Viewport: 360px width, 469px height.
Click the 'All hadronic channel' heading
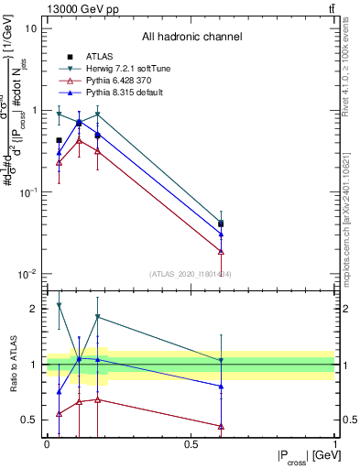point(192,38)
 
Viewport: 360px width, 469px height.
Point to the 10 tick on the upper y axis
point(32,28)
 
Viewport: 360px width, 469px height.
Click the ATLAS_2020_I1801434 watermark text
point(191,274)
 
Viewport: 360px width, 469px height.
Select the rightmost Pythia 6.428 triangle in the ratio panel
point(221,426)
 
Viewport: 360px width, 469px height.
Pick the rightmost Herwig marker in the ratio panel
point(221,360)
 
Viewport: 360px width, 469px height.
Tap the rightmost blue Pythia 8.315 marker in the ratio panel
point(221,387)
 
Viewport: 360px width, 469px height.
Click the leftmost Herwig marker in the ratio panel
point(60,305)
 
